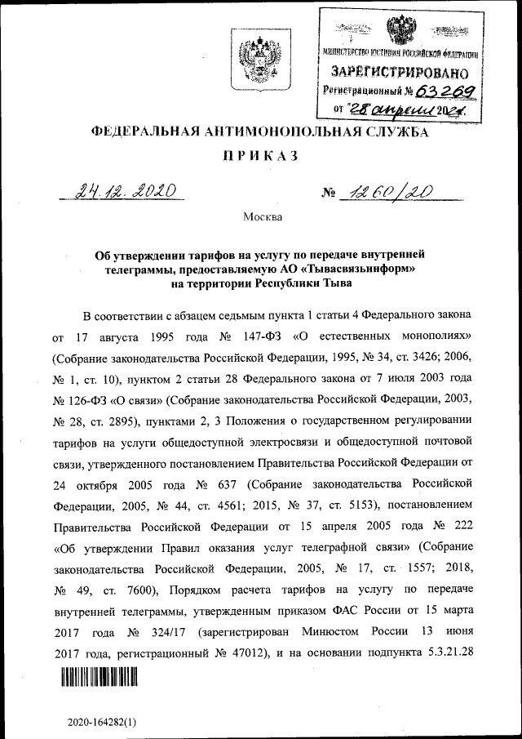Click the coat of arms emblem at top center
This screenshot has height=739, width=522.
tap(260, 62)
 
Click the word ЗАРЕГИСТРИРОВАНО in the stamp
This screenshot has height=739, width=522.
tap(400, 72)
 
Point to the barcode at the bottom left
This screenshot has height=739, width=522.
tap(99, 678)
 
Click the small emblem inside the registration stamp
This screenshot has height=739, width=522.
tap(398, 31)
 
